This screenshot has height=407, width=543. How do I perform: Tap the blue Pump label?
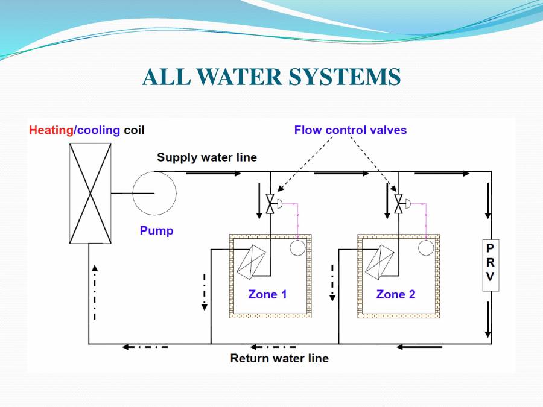[156, 230]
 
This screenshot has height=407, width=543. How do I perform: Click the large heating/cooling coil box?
[91, 194]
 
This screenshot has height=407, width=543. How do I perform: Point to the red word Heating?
[51, 130]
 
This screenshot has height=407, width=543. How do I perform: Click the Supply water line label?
[207, 157]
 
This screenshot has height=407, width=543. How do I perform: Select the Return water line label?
[279, 358]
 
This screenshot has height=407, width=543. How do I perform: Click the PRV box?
[491, 265]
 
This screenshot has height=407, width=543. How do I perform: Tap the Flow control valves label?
[351, 130]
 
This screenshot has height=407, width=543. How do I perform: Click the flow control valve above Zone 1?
[270, 204]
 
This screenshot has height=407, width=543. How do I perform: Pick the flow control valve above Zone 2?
[399, 204]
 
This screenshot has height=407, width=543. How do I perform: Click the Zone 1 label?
[267, 294]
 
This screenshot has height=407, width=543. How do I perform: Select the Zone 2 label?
[396, 294]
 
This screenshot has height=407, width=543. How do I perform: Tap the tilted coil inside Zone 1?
[251, 262]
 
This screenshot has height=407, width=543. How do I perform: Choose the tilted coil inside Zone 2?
[379, 262]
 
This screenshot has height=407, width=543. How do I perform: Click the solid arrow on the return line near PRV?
[419, 347]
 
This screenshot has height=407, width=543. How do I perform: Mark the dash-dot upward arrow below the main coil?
[95, 292]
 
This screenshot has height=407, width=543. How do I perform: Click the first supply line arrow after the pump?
[214, 173]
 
